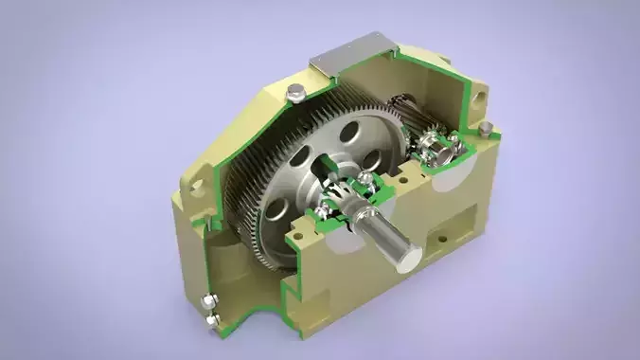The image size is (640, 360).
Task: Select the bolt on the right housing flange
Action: coord(485,127)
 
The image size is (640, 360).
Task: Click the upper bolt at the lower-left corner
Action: coord(208,302)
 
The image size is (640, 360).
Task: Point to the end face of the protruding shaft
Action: coord(410,255)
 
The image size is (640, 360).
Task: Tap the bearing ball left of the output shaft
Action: coord(327,207)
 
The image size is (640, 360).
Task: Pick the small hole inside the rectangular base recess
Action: coord(437,243)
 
